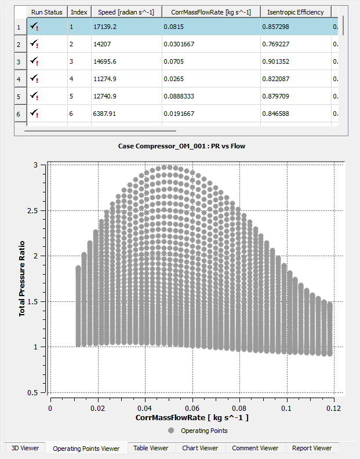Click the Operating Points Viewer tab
tap(86, 448)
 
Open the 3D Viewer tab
tap(26, 448)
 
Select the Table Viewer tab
tap(151, 448)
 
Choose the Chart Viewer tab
tap(200, 448)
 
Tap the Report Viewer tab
tap(312, 448)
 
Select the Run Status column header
tap(47, 12)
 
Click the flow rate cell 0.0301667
tap(179, 44)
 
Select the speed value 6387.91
tap(105, 114)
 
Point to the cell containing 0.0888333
tap(180, 96)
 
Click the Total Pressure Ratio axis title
tap(23, 279)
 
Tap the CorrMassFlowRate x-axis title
tap(192, 417)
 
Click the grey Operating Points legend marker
tap(171, 431)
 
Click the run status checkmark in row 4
tap(35, 79)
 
